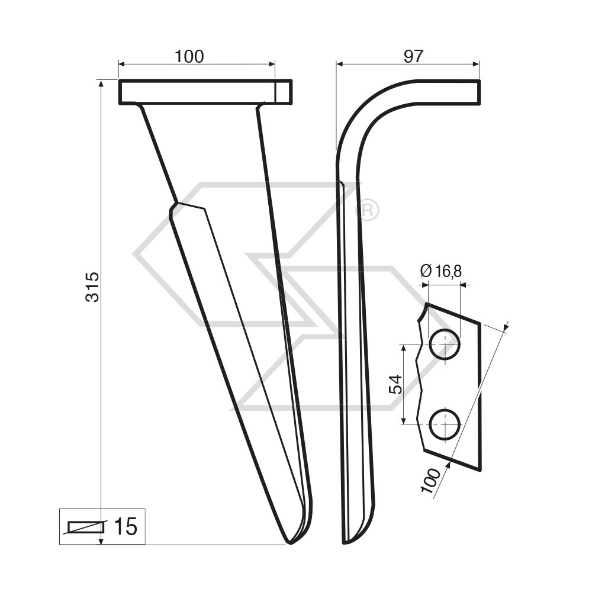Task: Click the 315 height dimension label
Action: pos(92,287)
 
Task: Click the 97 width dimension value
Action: pos(413,56)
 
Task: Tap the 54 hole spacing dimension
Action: pos(395,384)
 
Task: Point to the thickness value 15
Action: pos(125,526)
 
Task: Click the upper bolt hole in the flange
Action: pos(444,344)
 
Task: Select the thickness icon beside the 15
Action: pos(86,526)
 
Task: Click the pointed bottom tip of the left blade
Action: pos(289,542)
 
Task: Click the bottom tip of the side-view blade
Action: pos(346,541)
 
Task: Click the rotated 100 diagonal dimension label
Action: pos(432,480)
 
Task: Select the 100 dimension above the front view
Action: pos(189,56)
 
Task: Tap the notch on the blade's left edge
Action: pos(173,209)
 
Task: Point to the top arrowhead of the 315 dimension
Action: pos(101,83)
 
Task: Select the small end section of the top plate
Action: pos(284,92)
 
